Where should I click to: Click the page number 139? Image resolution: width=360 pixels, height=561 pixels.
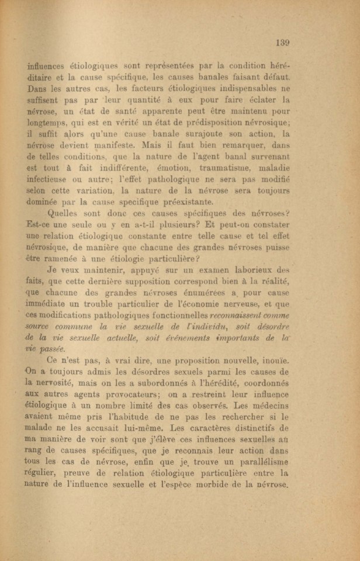pyautogui.click(x=282, y=42)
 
